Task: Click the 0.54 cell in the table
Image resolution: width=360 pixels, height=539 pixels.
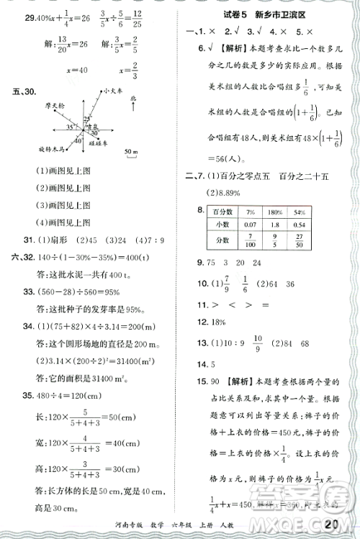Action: coord(298,224)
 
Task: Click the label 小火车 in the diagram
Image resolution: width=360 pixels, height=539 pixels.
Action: coord(114,91)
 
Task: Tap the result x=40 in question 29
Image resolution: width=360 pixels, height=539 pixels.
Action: coord(56,71)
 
